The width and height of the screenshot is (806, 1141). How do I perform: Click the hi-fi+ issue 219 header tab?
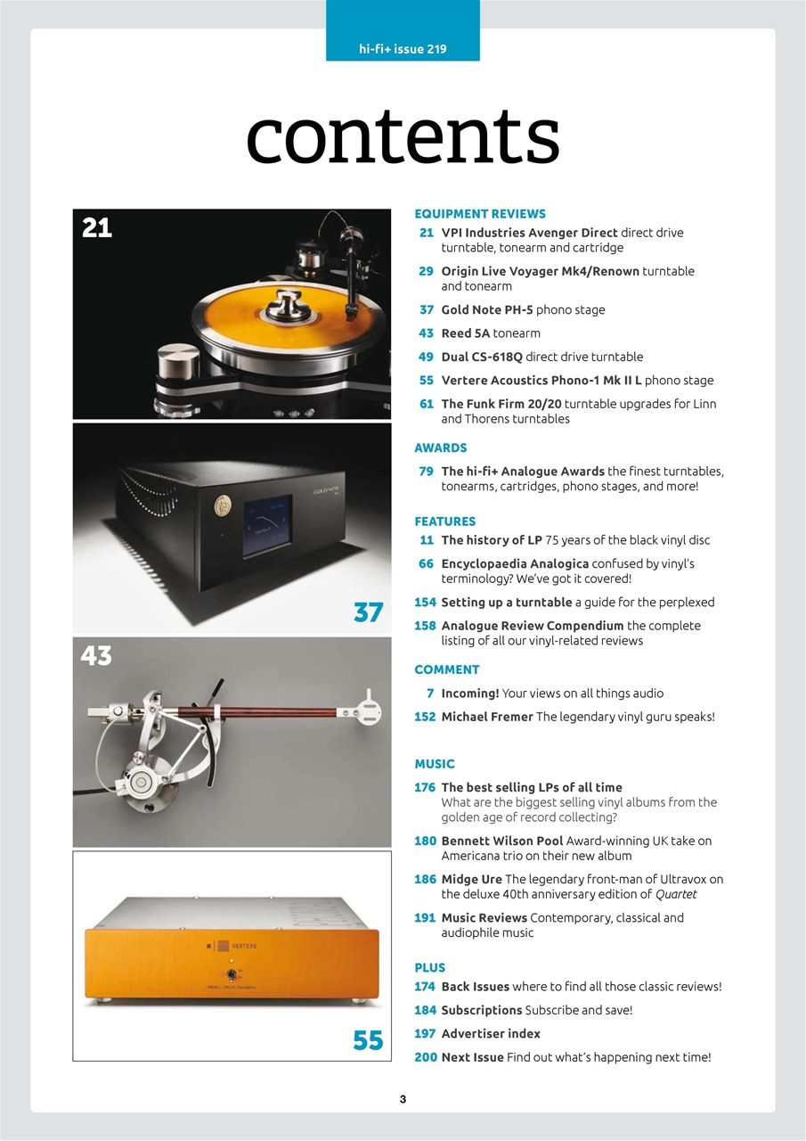tap(403, 49)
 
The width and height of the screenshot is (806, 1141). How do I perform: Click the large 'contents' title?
tap(403, 137)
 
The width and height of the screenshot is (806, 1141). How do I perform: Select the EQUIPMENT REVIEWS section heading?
tap(480, 214)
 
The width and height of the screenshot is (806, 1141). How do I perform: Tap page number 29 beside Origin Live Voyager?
tap(426, 271)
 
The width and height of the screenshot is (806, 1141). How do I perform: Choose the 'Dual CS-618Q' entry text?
tap(482, 357)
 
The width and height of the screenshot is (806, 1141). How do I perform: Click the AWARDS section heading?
tap(441, 447)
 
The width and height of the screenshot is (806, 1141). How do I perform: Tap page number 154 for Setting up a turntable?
tap(424, 603)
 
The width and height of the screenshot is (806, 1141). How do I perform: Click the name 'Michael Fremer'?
tap(487, 717)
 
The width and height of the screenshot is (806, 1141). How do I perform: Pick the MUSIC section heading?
tap(435, 764)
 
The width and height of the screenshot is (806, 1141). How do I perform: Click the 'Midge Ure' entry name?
tap(471, 879)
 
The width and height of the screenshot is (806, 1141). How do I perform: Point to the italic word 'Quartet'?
tap(676, 894)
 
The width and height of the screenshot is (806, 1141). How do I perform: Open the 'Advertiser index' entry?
tap(491, 1034)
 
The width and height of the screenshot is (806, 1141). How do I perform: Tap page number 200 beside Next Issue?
tap(424, 1057)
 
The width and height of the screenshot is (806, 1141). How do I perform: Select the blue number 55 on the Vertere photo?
tap(368, 1040)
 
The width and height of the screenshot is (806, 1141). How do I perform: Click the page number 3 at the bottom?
tap(403, 1099)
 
